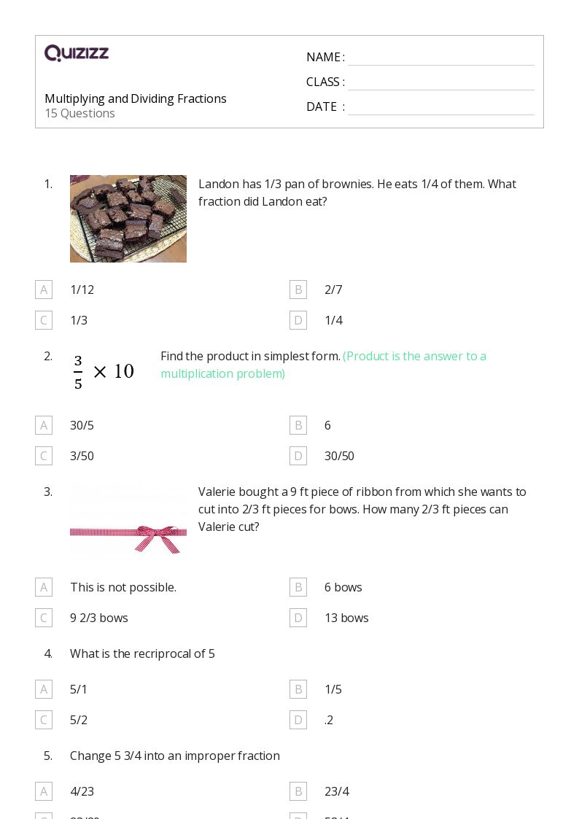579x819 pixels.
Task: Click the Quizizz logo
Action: click(x=77, y=53)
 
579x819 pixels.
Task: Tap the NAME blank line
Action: click(x=440, y=58)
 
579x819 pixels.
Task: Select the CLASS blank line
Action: click(x=440, y=83)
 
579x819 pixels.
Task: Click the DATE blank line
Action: click(x=440, y=108)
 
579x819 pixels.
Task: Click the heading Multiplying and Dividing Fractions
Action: click(x=136, y=98)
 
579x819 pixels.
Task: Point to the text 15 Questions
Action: click(x=79, y=113)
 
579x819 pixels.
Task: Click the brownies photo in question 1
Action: click(x=128, y=219)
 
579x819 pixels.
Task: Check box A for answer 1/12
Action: click(x=44, y=290)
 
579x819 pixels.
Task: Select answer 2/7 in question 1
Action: click(x=333, y=290)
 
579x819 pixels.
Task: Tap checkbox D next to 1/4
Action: click(x=298, y=320)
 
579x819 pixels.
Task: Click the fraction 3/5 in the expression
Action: click(x=78, y=372)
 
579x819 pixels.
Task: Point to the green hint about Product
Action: click(x=323, y=365)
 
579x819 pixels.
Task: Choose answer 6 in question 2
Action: click(x=327, y=425)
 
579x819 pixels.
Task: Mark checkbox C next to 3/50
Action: click(x=44, y=456)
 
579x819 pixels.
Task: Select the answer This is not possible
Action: click(x=123, y=587)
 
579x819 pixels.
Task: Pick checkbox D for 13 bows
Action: click(x=298, y=618)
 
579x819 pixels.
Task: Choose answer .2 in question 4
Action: click(x=329, y=720)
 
